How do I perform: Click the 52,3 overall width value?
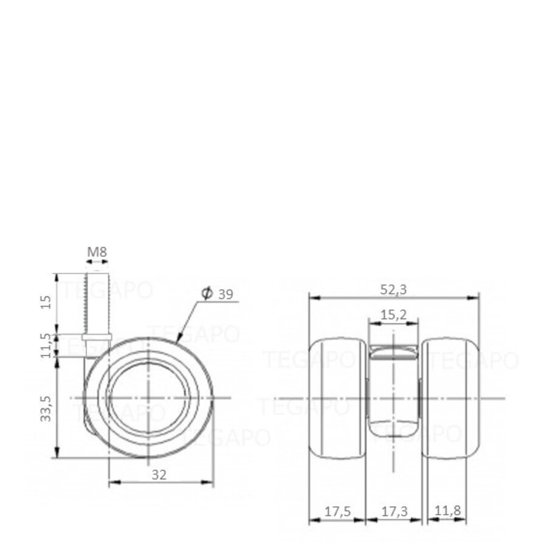pos(394,290)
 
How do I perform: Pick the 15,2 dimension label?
pos(393,315)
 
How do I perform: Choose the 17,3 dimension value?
pos(393,512)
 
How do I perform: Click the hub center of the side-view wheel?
pos(148,397)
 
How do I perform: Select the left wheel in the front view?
pos(337,398)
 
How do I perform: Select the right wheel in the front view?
pos(450,398)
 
